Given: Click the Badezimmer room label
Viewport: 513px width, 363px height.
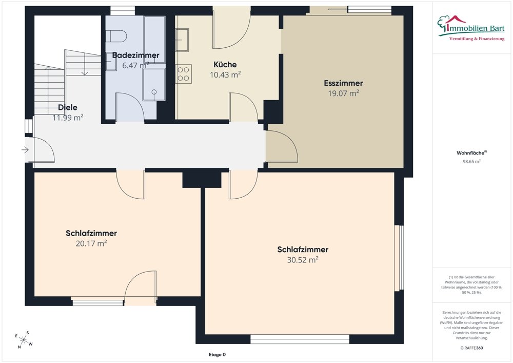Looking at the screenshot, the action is (136, 55).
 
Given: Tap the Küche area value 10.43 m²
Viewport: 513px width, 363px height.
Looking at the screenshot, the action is (225, 74).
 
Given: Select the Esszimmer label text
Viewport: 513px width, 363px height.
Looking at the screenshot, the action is (344, 83).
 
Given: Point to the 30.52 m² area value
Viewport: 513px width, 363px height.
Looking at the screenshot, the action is (303, 260).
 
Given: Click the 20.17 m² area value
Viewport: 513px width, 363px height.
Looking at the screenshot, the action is (91, 243).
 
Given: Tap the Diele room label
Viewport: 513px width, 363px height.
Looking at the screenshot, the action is (68, 107).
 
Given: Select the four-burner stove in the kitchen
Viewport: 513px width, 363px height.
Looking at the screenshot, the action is (183, 74).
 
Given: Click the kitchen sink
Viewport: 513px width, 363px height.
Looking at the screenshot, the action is (182, 40).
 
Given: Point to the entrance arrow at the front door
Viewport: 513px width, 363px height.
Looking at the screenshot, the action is (25, 150).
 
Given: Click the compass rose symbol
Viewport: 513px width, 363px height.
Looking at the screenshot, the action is (24, 339).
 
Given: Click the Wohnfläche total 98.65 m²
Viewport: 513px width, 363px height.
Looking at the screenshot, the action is (471, 161).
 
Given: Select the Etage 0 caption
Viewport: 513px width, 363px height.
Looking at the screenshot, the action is (217, 354).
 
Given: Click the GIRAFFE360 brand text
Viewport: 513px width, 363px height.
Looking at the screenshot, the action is (471, 348).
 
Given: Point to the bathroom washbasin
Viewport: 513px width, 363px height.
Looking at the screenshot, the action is (111, 62).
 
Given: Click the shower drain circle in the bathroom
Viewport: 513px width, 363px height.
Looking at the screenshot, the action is (154, 92).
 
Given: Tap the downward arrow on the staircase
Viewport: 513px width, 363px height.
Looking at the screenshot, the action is (85, 64).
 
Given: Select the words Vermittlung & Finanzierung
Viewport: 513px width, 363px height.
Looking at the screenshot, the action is (477, 39).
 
